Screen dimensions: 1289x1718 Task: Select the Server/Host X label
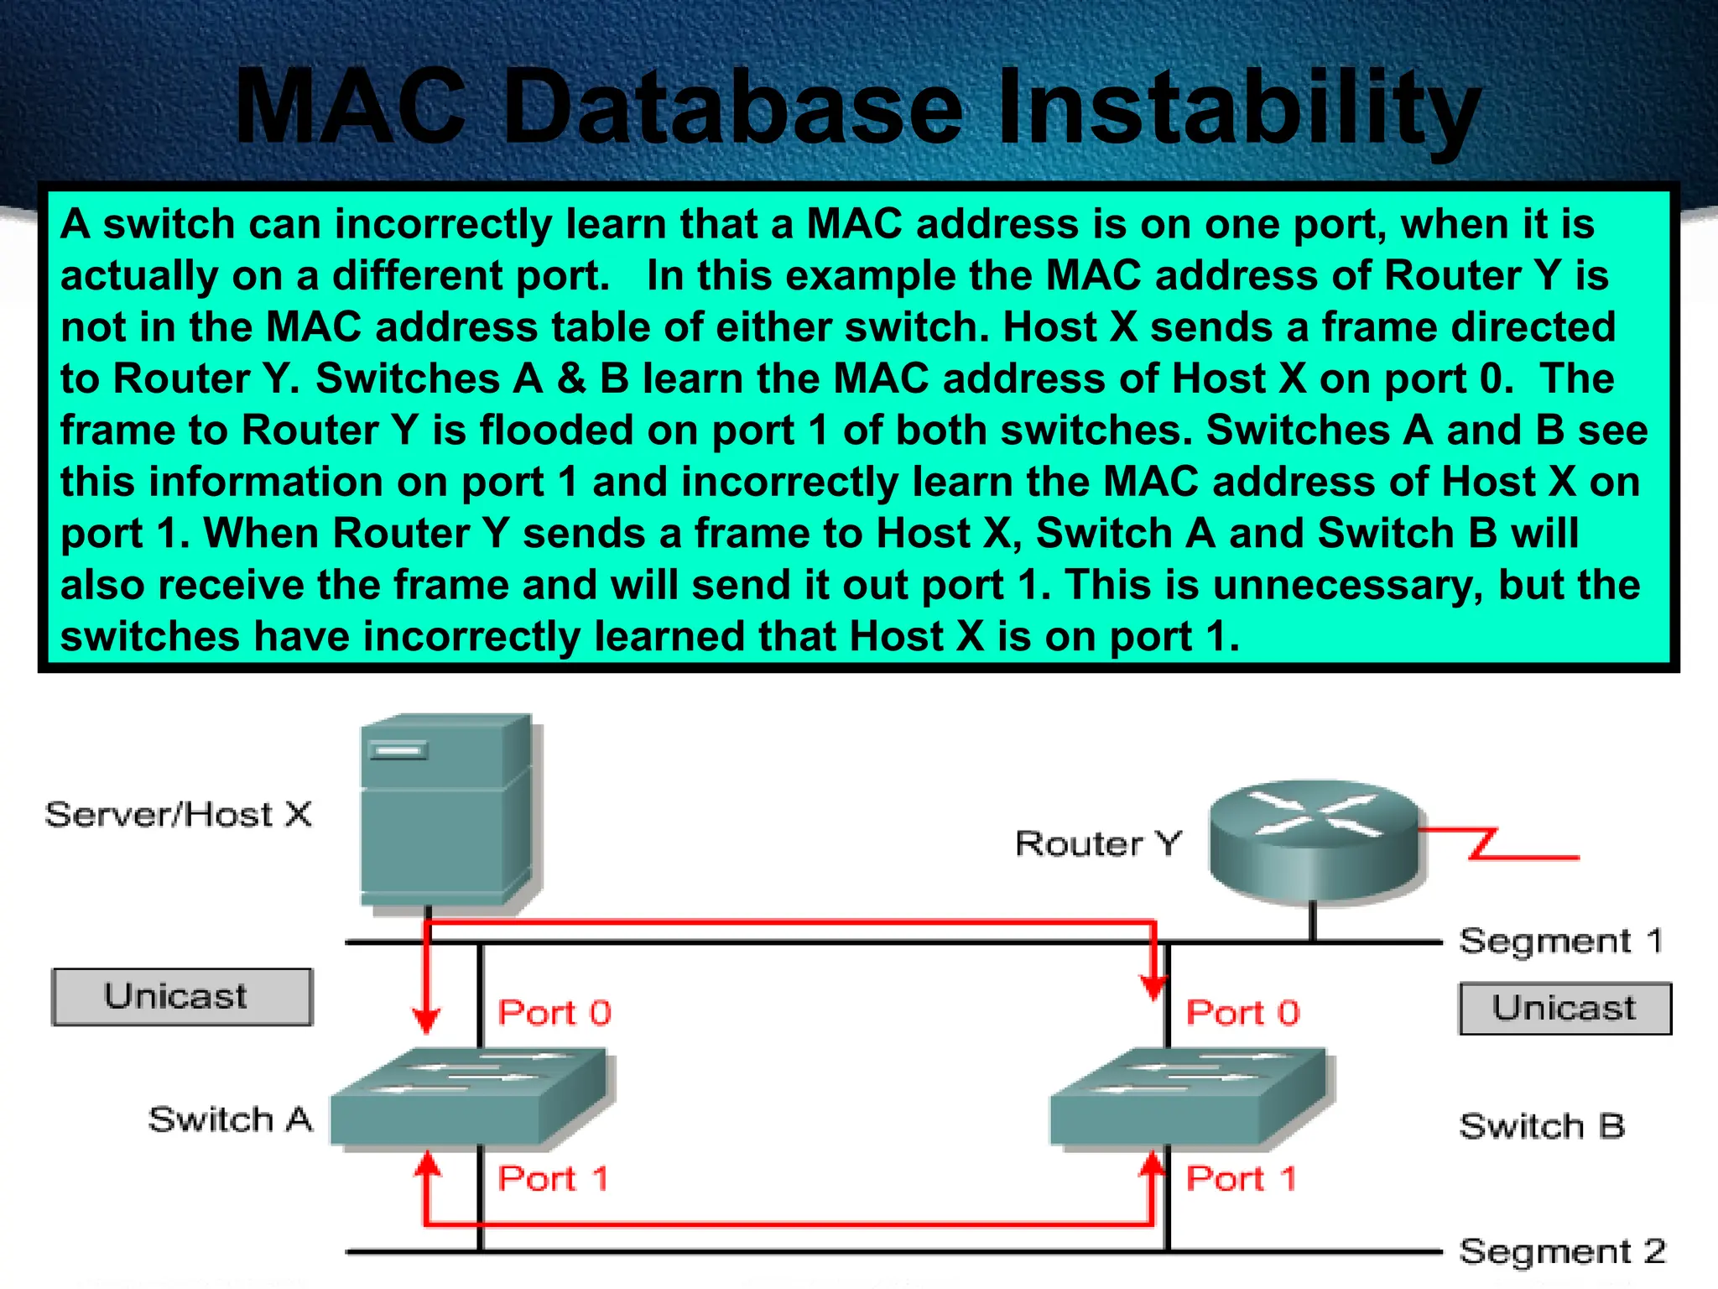click(178, 815)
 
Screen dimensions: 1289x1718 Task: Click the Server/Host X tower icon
click(447, 810)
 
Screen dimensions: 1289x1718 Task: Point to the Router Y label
click(1098, 843)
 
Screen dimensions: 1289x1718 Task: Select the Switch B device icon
click(1190, 1097)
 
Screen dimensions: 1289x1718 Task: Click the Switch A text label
click(230, 1119)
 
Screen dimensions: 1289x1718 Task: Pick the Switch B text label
click(1542, 1126)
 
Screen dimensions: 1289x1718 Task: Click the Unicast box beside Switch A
click(182, 997)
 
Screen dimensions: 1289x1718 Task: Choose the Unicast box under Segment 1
click(1564, 1008)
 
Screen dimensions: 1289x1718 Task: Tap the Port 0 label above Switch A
click(554, 1013)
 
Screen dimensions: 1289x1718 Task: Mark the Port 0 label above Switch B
click(1242, 1013)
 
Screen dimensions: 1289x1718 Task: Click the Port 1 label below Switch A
click(553, 1179)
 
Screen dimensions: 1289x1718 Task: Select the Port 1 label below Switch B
click(1241, 1179)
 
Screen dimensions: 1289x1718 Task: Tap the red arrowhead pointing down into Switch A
click(427, 1021)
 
